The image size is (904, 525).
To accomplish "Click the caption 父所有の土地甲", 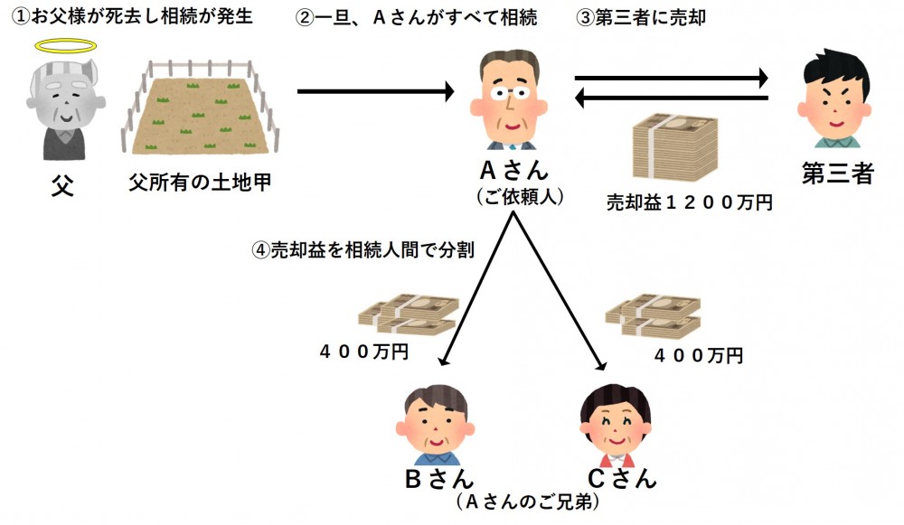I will [x=200, y=183].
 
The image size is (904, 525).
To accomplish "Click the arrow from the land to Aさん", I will [x=374, y=91].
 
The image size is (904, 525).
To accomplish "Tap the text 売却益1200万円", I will [x=689, y=203].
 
